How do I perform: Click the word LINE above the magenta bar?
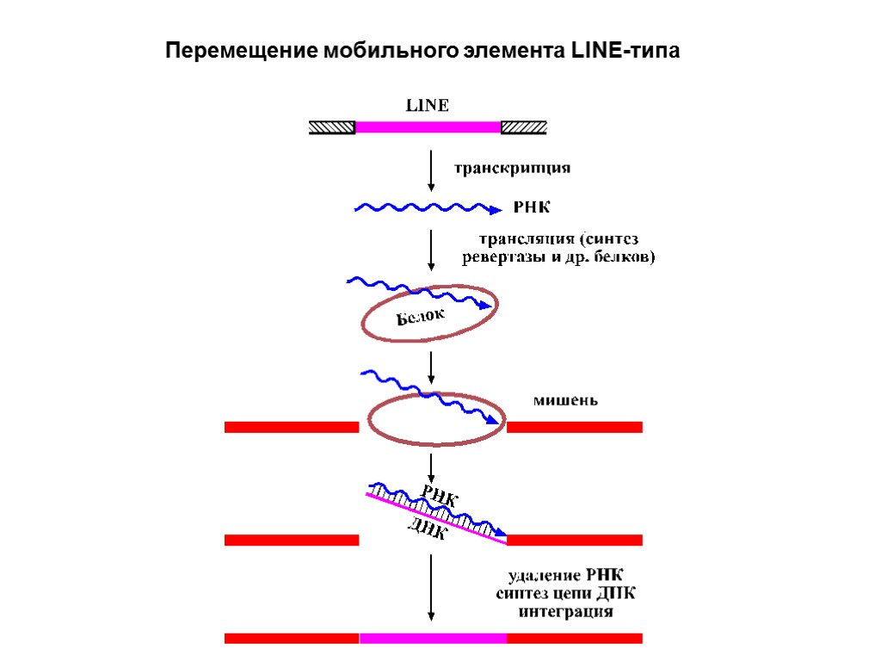(x=427, y=106)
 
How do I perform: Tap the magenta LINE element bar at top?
(x=428, y=127)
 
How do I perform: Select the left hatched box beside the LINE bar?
(x=332, y=127)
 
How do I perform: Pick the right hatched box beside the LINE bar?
(x=523, y=127)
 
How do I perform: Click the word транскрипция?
(x=512, y=169)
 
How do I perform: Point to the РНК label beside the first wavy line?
(x=531, y=207)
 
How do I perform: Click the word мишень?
(x=565, y=400)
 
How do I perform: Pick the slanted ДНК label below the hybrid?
(x=427, y=528)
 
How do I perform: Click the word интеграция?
(x=566, y=612)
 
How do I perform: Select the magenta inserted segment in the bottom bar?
(x=433, y=638)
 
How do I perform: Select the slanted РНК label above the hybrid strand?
(x=439, y=497)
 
